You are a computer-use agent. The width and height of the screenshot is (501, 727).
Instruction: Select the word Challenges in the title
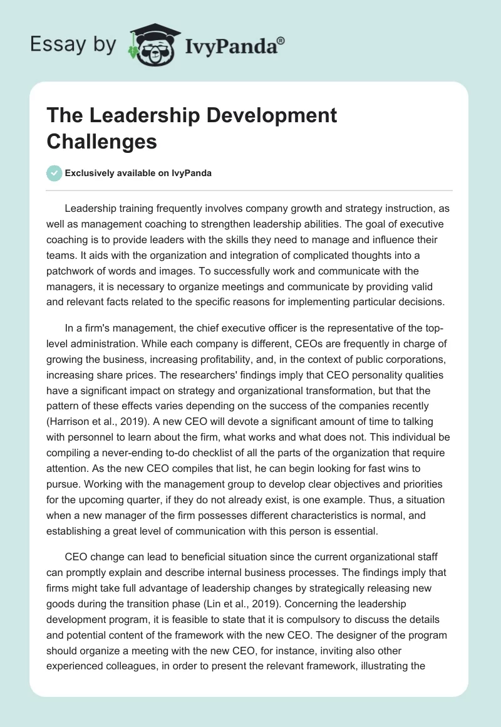coord(101,141)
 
